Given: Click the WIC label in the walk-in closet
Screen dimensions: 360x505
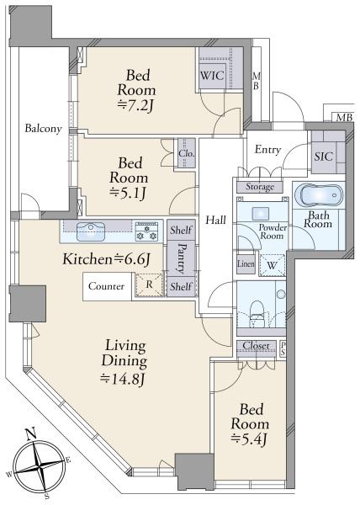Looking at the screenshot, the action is (212, 76).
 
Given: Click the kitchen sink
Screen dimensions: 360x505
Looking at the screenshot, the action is (91, 231).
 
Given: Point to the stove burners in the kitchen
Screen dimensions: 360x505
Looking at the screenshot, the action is (146, 231).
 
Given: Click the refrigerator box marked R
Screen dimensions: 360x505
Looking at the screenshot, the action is (149, 284).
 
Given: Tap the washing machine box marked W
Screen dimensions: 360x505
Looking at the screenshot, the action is (273, 265).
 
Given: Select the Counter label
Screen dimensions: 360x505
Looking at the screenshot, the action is (106, 286).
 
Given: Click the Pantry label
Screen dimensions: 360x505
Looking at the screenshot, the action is (181, 258).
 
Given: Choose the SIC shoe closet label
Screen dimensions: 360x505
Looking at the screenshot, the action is (323, 157).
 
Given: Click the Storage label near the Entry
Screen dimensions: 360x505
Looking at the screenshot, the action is (260, 187).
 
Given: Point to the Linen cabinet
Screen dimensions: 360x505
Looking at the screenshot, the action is (246, 263).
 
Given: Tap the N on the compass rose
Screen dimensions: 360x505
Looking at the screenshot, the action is (31, 433).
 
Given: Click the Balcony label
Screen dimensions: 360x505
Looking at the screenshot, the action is (43, 129).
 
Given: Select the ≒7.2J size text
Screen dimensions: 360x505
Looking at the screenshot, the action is (135, 105).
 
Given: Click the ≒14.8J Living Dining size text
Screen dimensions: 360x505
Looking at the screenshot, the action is (122, 379).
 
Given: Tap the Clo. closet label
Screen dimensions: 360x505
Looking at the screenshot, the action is (187, 153).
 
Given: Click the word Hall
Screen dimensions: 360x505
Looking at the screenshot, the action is (216, 221).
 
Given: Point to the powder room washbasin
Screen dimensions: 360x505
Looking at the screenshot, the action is (261, 213).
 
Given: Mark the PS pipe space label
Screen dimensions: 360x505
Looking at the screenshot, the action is (283, 348).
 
